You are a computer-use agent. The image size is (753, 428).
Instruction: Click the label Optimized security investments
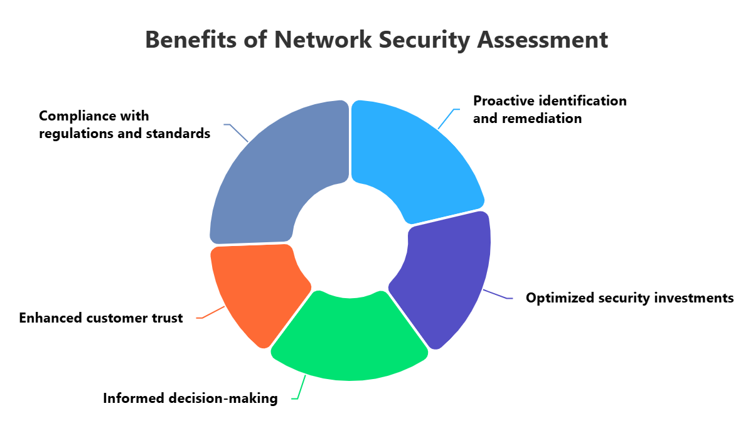(629, 298)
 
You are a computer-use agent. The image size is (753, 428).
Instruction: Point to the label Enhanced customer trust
(101, 318)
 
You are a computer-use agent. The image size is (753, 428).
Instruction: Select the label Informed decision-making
(190, 399)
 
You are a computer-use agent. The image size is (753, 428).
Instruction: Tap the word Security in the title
(415, 40)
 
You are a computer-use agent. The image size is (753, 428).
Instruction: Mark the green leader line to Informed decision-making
(302, 385)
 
